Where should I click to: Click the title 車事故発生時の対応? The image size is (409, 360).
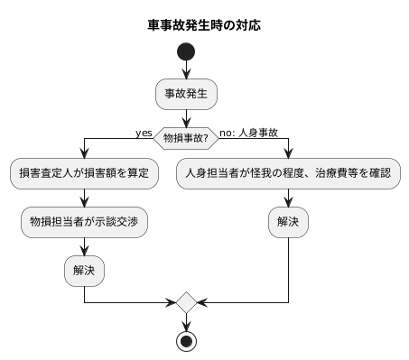click(x=204, y=25)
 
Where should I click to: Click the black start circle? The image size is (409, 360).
click(x=186, y=52)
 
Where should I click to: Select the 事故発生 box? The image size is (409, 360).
click(x=186, y=93)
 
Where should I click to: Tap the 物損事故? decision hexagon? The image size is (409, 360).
click(x=186, y=138)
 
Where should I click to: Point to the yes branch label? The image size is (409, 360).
click(x=144, y=133)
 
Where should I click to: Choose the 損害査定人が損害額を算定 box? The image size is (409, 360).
click(x=84, y=172)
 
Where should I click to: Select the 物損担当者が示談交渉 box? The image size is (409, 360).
click(x=84, y=221)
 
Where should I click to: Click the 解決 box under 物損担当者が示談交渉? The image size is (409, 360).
click(x=84, y=269)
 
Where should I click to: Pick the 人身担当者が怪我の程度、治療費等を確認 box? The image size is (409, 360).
click(x=288, y=172)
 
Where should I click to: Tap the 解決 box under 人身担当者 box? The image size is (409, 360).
click(x=288, y=221)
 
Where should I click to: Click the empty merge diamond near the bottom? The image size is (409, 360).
click(x=186, y=300)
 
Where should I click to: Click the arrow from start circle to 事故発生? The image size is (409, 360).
click(x=186, y=70)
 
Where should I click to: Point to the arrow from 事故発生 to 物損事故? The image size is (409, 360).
click(x=186, y=115)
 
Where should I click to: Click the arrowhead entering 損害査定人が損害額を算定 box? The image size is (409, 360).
click(x=84, y=154)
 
